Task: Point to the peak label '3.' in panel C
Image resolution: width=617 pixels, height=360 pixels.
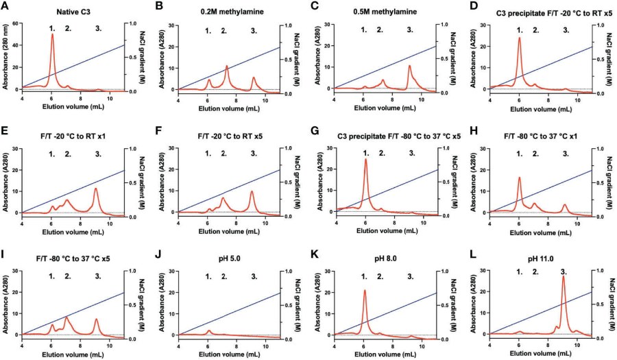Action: [x=410, y=30]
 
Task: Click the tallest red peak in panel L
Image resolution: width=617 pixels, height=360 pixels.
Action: [x=564, y=278]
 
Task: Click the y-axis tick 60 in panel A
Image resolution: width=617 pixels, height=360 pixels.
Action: [x=16, y=24]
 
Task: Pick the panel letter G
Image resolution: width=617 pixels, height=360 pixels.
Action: [x=317, y=132]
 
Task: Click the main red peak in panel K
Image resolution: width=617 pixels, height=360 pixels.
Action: [x=365, y=291]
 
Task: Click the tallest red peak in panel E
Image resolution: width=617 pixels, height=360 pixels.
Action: [x=96, y=189]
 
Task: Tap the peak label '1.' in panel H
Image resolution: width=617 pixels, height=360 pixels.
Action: [x=520, y=154]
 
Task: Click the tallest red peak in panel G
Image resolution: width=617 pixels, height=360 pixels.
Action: [x=366, y=160]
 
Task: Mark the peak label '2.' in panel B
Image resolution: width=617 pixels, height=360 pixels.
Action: [x=223, y=31]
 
